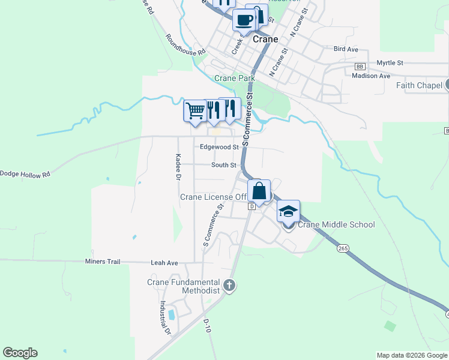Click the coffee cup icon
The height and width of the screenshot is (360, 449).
click(244, 20)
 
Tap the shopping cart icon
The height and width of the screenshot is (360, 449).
click(194, 110)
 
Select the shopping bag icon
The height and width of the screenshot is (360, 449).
click(259, 191)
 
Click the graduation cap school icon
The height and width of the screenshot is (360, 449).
click(288, 212)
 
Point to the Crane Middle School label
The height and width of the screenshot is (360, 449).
click(336, 225)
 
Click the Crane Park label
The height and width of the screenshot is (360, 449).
click(235, 79)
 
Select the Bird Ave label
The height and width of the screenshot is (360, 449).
click(345, 49)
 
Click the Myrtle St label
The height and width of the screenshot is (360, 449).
click(390, 62)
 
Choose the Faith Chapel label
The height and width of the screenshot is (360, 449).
click(419, 85)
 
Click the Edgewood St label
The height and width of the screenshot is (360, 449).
click(219, 146)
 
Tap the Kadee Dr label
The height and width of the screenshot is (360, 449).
click(178, 166)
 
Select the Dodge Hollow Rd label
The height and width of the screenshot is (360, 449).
click(25, 174)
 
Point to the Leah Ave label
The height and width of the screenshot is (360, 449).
click(164, 263)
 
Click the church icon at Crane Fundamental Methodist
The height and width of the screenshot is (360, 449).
click(228, 286)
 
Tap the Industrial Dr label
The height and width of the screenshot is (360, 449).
click(164, 318)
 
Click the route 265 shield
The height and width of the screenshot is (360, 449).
click(343, 248)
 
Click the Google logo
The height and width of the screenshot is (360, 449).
click(20, 353)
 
